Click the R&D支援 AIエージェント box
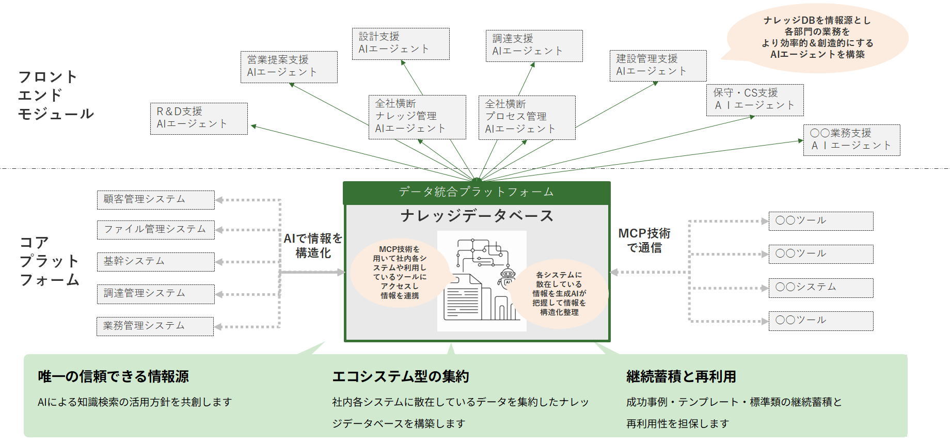(x=199, y=119)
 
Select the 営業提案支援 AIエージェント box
(x=289, y=67)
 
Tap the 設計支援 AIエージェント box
(x=401, y=44)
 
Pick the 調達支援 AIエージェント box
(x=534, y=46)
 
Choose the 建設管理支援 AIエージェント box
(x=658, y=66)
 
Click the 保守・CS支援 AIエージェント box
(x=755, y=100)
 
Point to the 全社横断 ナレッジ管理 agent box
(x=417, y=117)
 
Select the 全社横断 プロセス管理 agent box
(x=527, y=118)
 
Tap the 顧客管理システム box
(x=155, y=200)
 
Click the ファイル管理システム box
(x=155, y=230)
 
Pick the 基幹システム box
(x=155, y=262)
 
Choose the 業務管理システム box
(x=155, y=326)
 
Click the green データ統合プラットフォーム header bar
(x=477, y=193)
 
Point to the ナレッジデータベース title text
(x=477, y=216)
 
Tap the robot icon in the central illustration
(x=508, y=277)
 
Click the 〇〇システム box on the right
(x=821, y=288)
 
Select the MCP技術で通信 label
(x=644, y=241)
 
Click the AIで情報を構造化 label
(x=313, y=246)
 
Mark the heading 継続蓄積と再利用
(x=681, y=377)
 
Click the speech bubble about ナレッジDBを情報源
(x=817, y=38)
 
